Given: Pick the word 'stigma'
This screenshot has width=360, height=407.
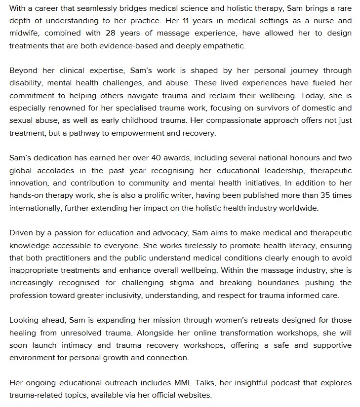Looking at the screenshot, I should (x=184, y=283).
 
